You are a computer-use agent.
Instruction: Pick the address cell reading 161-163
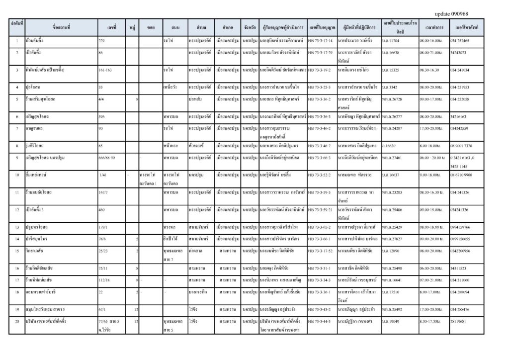tap(105, 70)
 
